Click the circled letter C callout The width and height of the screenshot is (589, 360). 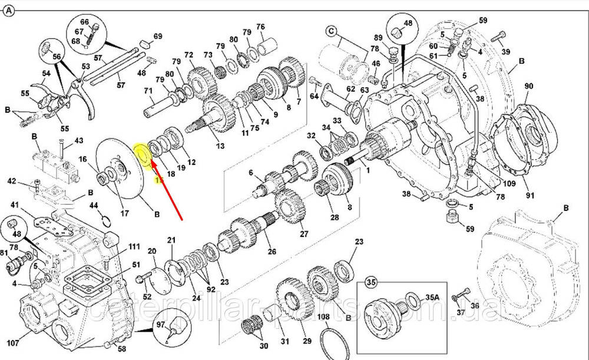click(x=331, y=31)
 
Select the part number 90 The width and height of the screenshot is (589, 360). click(x=528, y=86)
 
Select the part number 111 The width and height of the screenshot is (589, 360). click(x=135, y=246)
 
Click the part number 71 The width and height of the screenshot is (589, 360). click(x=148, y=91)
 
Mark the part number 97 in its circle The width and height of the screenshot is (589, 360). click(x=160, y=325)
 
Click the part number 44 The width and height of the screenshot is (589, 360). click(x=94, y=205)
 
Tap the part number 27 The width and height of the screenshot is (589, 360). click(x=304, y=235)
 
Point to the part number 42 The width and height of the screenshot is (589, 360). click(x=11, y=182)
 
